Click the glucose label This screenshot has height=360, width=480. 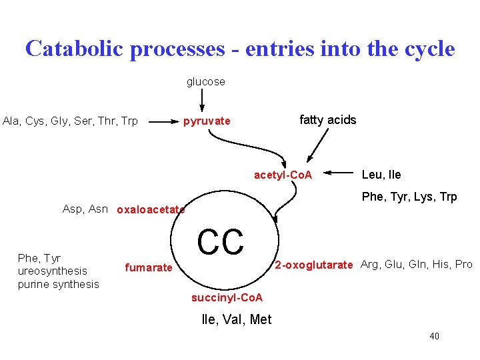[x=205, y=82]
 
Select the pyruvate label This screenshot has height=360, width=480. [x=207, y=121]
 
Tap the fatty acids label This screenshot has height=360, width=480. [x=327, y=120]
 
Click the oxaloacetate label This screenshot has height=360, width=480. [x=151, y=210]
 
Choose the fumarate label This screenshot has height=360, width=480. [x=148, y=267]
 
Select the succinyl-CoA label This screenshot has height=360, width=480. [x=227, y=297]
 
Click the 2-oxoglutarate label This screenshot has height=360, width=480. [x=313, y=265]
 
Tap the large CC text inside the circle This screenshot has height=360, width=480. [x=221, y=242]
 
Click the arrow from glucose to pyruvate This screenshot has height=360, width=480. [x=202, y=101]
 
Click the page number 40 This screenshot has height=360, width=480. [x=434, y=336]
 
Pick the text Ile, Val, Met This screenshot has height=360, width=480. [x=236, y=320]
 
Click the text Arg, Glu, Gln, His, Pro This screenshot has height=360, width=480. [x=416, y=265]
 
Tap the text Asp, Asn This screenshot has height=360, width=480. [x=85, y=209]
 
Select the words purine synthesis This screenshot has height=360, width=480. [x=58, y=285]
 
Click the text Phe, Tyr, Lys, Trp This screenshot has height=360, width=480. [x=409, y=197]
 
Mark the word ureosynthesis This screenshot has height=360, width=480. [x=53, y=271]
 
